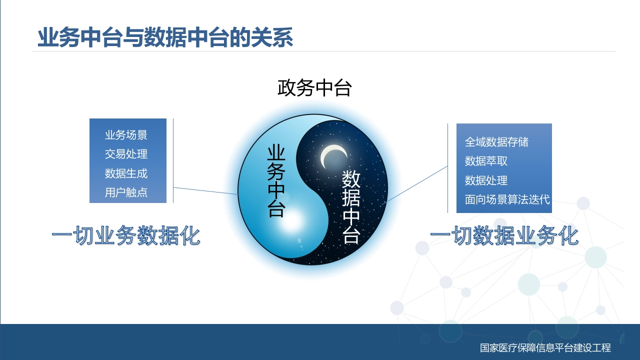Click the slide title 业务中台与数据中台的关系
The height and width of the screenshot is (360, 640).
click(165, 37)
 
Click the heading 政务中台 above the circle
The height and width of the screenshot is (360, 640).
click(314, 88)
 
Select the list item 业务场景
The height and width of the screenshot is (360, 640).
click(126, 135)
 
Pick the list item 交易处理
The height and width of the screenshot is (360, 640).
click(126, 154)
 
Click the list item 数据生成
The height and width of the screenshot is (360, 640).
click(126, 173)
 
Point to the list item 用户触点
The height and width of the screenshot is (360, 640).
click(126, 192)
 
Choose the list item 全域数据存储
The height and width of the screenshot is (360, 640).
click(496, 142)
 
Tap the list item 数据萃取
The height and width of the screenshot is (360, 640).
click(486, 161)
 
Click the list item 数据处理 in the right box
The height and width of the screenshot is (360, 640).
click(486, 180)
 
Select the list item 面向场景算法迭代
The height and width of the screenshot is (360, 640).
click(507, 199)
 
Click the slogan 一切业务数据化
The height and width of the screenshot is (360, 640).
click(126, 235)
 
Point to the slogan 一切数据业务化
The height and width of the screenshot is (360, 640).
click(504, 235)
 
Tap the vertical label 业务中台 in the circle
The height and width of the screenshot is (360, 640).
click(276, 181)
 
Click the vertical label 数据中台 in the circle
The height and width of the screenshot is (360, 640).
click(351, 207)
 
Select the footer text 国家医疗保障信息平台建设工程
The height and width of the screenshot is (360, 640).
click(545, 347)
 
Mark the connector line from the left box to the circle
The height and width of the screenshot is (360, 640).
click(205, 191)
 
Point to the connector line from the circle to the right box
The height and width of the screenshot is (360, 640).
click(414, 185)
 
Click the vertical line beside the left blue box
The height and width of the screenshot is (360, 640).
click(173, 161)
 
